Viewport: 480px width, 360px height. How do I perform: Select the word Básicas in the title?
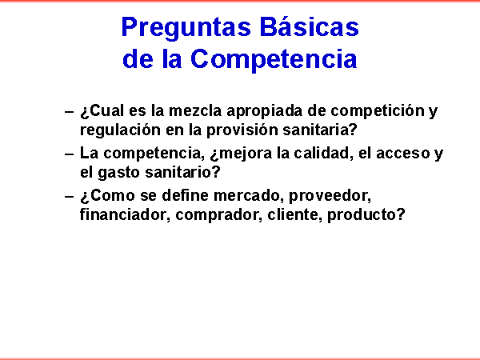pos(309,26)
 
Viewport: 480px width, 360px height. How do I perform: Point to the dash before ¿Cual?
pos(69,111)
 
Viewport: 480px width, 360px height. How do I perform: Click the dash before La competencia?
pos(69,154)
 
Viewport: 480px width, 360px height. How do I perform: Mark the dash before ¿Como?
pos(69,196)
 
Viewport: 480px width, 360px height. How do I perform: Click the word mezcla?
pos(195,111)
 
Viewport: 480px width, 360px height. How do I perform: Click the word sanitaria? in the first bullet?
pos(320,130)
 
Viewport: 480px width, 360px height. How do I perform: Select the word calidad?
pos(322,153)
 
